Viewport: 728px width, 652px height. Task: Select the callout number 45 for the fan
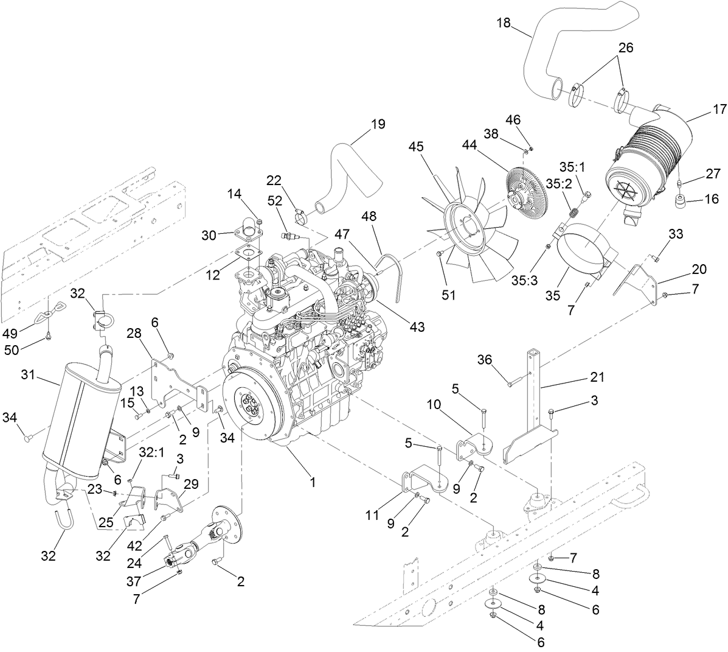coord(416,147)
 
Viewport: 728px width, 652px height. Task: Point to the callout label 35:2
coord(558,183)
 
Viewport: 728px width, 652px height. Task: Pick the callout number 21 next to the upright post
coord(597,377)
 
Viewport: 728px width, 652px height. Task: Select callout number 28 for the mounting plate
coord(134,333)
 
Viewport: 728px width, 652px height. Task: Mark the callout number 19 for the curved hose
coord(378,125)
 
